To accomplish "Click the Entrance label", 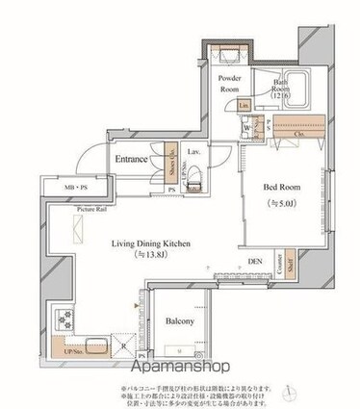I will pyautogui.click(x=132, y=159).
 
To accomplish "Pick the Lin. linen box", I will pyautogui.click(x=244, y=105).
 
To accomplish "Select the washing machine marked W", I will pyautogui.click(x=247, y=126).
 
